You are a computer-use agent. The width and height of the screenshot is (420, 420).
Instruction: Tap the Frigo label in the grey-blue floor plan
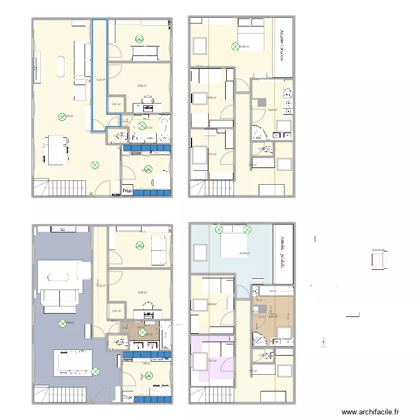tap(128, 398)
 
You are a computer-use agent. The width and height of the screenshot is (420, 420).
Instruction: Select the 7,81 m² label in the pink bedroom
tap(212, 361)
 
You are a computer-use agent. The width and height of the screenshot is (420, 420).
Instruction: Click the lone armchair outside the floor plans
tap(379, 260)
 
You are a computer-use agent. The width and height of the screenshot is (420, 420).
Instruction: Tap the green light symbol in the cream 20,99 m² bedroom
tap(236, 46)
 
